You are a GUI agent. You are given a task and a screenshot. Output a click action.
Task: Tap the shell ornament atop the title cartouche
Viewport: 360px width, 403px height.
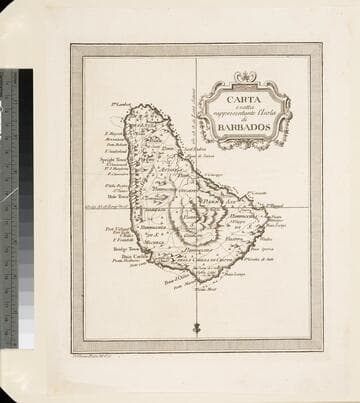(x=245, y=77)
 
